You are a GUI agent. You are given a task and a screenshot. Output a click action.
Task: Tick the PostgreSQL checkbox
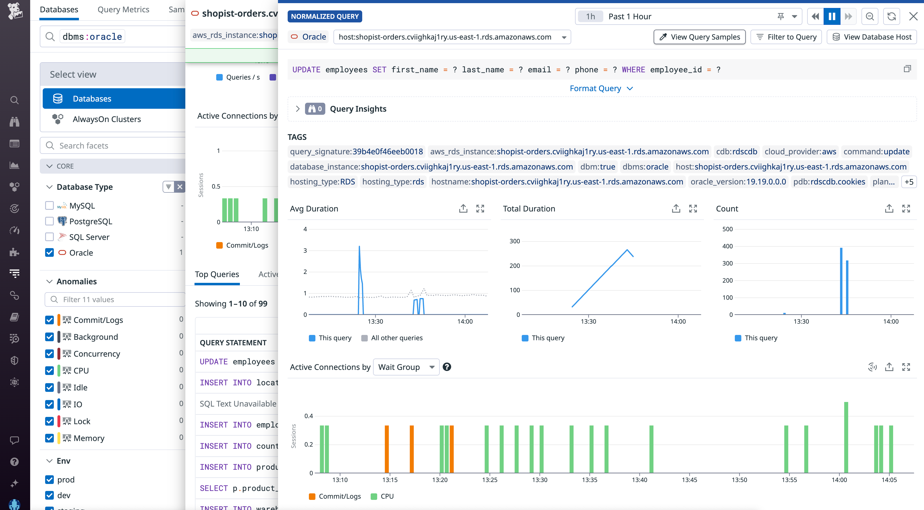pos(49,221)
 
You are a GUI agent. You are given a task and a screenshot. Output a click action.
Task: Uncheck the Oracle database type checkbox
pos(49,253)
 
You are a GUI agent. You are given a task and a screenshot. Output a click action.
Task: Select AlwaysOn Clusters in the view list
pos(106,119)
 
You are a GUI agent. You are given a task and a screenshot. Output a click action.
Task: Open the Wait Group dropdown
pos(406,367)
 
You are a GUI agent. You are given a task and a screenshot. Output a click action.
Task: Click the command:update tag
pos(876,152)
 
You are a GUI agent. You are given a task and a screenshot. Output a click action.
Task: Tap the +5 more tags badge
pos(909,182)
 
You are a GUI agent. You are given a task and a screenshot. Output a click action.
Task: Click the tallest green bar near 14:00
pos(846,437)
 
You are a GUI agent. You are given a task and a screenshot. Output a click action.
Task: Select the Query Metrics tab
pos(123,10)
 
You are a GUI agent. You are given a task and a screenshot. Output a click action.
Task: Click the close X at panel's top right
pos(913,16)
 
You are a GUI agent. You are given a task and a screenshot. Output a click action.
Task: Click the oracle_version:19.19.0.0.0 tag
pos(738,182)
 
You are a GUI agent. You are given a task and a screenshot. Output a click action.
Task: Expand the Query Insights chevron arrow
pos(297,109)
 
